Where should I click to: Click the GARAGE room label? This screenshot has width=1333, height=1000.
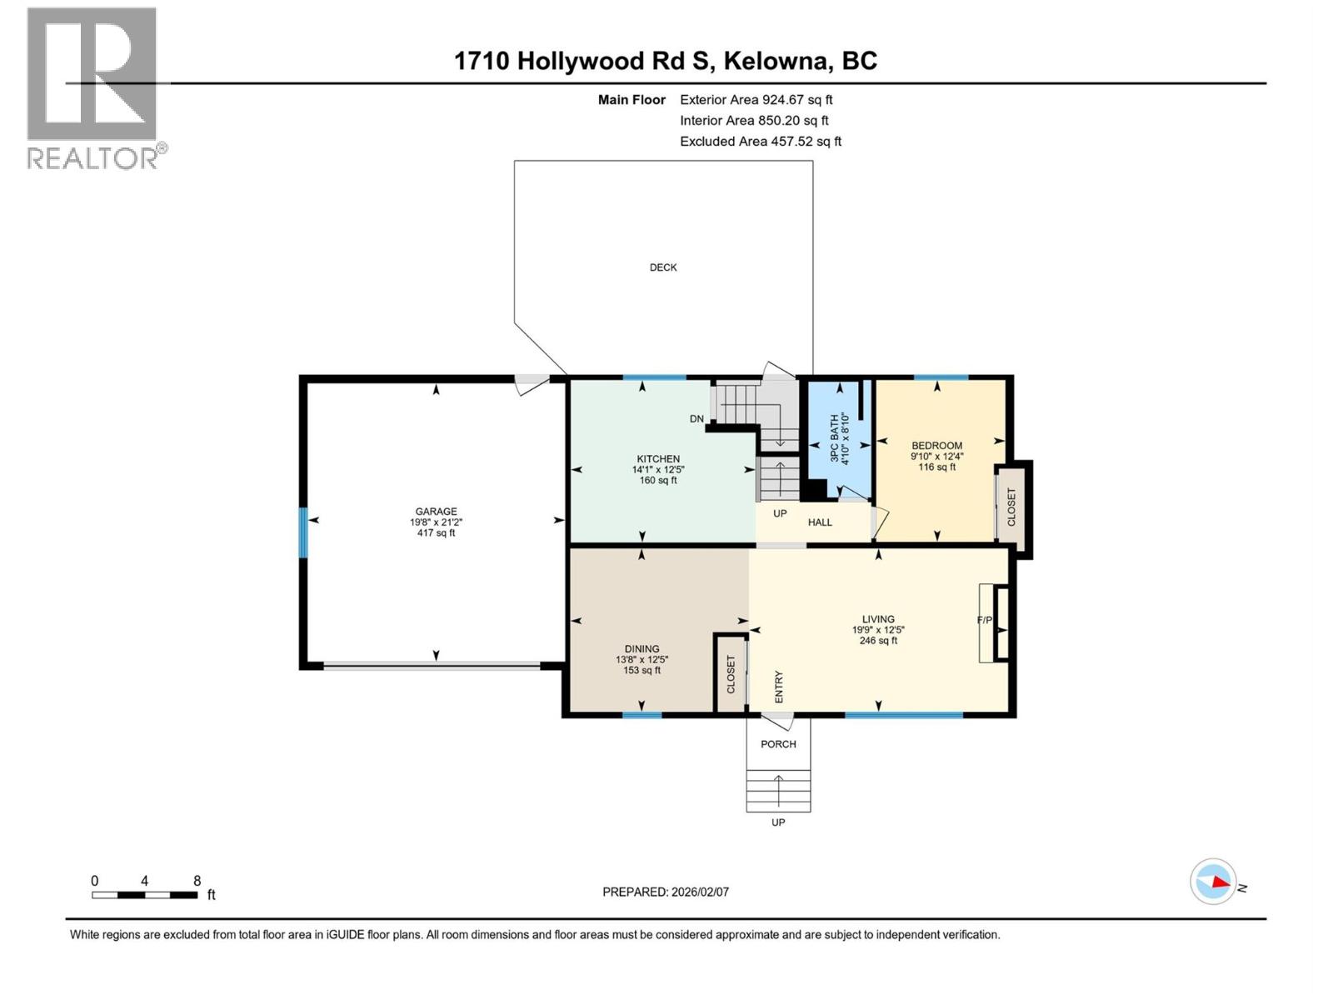[436, 512]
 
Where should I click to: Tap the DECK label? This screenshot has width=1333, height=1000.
[663, 267]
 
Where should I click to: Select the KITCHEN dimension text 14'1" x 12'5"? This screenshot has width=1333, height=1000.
[658, 470]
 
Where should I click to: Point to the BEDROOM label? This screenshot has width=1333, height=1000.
[936, 446]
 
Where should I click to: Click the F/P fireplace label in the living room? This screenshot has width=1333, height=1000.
[984, 621]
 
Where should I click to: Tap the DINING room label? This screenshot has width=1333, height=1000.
[642, 649]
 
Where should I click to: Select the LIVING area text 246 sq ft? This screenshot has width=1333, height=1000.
[878, 641]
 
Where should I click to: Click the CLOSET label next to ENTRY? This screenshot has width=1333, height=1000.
[731, 674]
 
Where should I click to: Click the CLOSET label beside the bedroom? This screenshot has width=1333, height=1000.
[1011, 507]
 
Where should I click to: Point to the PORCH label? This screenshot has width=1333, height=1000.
[778, 744]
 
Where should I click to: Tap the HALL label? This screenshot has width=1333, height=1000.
[820, 522]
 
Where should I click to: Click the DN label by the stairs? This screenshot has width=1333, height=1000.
[696, 419]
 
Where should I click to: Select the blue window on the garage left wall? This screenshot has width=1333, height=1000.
[304, 532]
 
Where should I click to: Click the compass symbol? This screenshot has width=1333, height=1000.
[1213, 882]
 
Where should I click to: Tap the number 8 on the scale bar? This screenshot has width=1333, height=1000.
[197, 881]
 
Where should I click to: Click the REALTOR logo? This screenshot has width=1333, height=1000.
[93, 87]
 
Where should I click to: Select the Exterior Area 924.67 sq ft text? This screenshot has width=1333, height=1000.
[756, 100]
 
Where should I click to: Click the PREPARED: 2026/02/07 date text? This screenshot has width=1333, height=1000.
[665, 892]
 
